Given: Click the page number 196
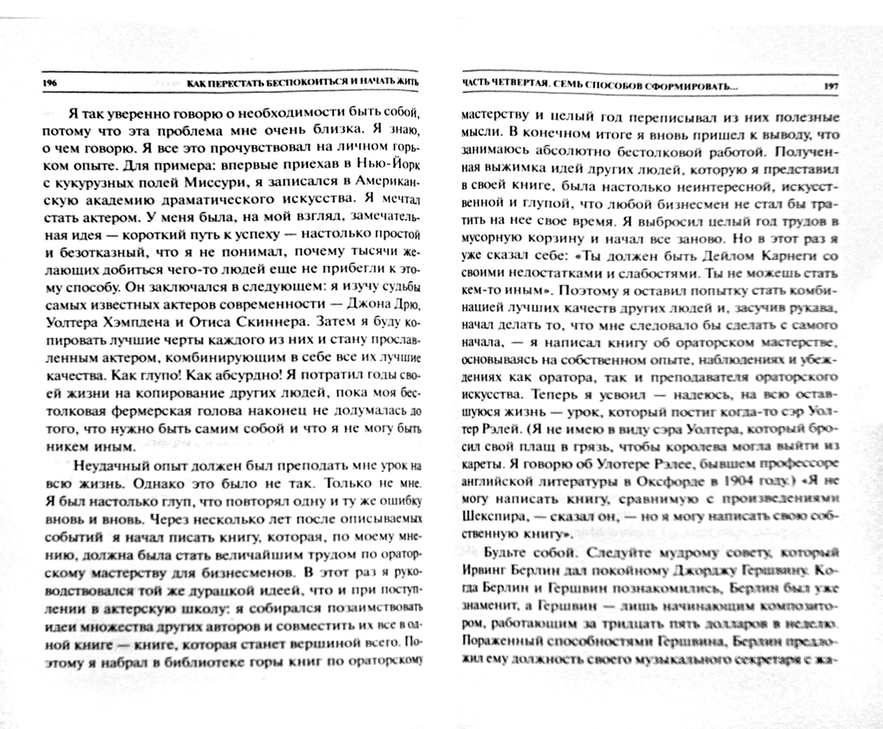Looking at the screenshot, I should (x=49, y=83).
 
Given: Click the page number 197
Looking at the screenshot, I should (x=830, y=86).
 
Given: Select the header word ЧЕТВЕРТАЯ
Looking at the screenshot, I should (x=512, y=86).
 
